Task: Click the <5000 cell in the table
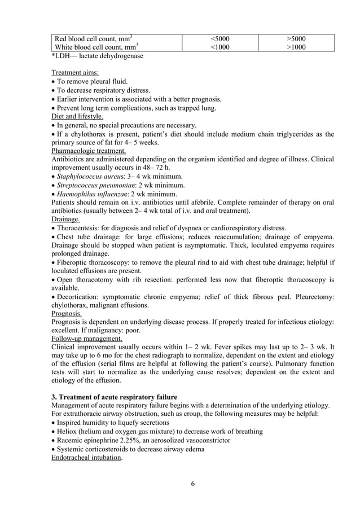219,39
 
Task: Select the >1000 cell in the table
296,48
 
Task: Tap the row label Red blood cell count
93,39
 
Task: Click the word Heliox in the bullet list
68,432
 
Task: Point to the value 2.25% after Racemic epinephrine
142,440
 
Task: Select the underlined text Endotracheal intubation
86,458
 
